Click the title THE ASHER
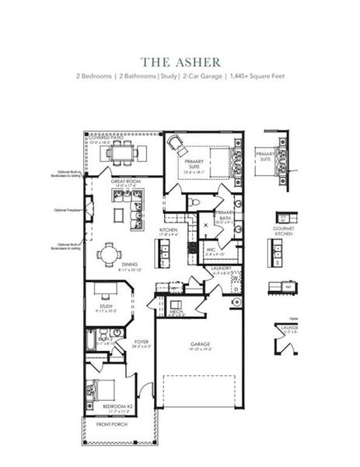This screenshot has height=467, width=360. (180, 61)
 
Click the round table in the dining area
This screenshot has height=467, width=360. (107, 254)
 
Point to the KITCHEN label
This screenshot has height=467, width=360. (169, 230)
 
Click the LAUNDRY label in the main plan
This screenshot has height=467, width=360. (221, 269)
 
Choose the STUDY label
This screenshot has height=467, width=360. (106, 307)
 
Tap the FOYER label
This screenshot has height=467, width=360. (141, 341)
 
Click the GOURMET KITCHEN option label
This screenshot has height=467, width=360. (282, 230)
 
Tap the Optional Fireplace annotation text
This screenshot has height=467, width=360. (68, 209)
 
